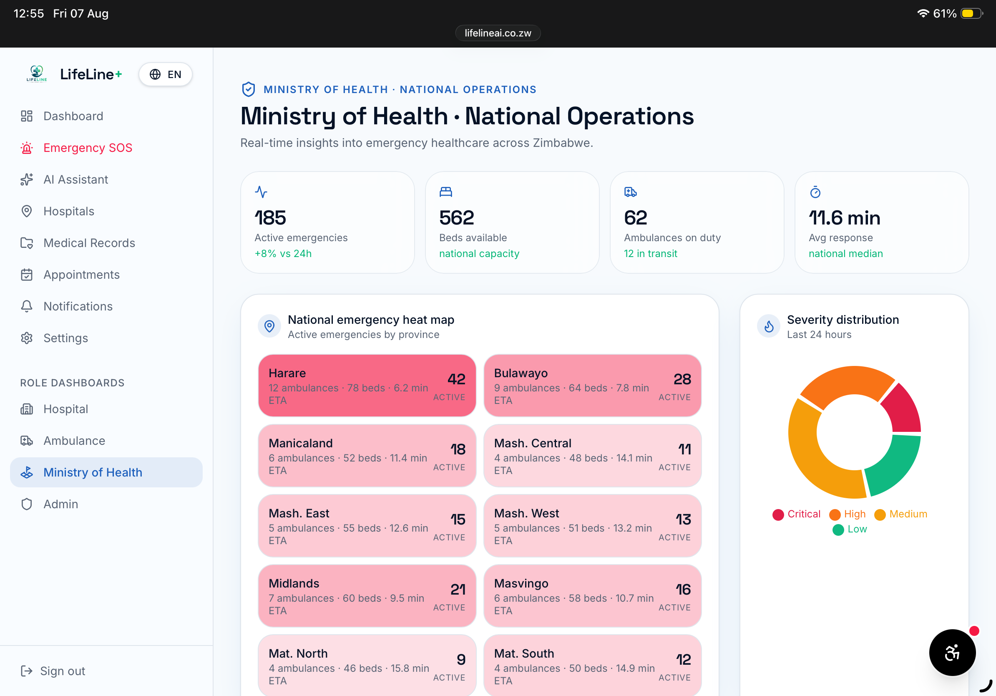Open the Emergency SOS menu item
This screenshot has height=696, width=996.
(x=76, y=148)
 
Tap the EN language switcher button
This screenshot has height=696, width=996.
(x=165, y=75)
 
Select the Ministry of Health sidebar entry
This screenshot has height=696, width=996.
(x=106, y=472)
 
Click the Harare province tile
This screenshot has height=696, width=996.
(x=367, y=385)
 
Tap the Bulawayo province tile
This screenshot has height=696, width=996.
(x=593, y=385)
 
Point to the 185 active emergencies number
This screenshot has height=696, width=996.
(x=270, y=217)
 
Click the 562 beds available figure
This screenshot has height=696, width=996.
(x=457, y=217)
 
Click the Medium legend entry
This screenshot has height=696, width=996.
(x=901, y=514)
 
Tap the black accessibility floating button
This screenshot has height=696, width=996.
(x=952, y=652)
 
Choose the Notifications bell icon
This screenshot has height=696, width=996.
(x=26, y=306)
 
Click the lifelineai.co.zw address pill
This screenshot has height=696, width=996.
(x=498, y=33)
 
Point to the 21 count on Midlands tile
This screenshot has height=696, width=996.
(x=458, y=589)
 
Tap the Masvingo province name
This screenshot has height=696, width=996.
(x=521, y=583)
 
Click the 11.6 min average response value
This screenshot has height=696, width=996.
(x=845, y=217)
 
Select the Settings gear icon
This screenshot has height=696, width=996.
(x=26, y=338)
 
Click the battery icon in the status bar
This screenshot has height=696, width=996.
(x=972, y=13)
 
